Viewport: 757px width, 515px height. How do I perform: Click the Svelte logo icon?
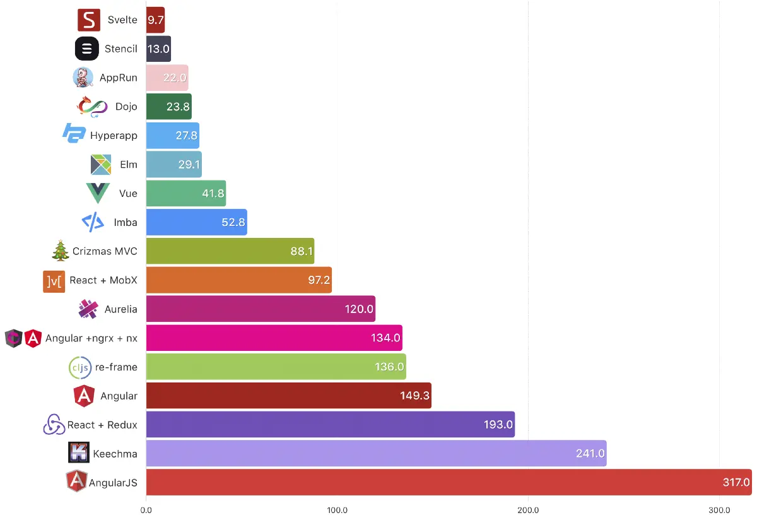point(89,20)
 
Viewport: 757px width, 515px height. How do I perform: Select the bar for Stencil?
point(158,49)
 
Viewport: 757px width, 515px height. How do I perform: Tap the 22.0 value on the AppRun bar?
point(175,78)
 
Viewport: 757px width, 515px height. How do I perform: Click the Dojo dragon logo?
point(92,107)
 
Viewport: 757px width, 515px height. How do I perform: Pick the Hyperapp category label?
point(114,136)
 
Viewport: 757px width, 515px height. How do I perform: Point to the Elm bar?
point(173,164)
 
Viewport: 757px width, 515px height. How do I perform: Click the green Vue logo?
point(98,193)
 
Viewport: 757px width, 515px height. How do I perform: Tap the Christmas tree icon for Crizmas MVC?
point(61,251)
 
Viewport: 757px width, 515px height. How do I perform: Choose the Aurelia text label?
point(121,309)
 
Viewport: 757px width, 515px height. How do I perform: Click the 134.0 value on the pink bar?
point(385,338)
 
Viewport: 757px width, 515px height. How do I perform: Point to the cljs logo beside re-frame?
point(79,367)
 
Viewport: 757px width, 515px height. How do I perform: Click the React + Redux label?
point(102,425)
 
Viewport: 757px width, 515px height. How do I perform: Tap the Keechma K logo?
point(79,453)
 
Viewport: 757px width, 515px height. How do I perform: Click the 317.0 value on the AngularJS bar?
point(736,483)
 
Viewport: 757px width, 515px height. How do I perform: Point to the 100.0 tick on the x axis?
point(337,509)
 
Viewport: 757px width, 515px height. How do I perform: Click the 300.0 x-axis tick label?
point(719,509)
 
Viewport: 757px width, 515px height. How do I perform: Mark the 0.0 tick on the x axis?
point(146,509)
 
